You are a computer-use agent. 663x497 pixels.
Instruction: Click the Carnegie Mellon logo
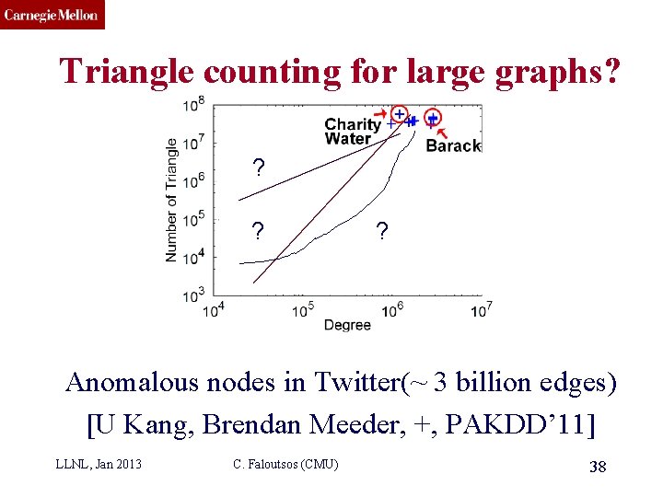pos(52,15)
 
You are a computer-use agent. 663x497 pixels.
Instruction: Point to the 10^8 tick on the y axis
pos(194,105)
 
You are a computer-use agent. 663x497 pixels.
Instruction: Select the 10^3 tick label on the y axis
pos(194,295)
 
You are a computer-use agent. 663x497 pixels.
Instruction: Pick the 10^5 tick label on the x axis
pos(304,310)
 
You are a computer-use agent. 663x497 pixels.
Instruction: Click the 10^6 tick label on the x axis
pos(392,310)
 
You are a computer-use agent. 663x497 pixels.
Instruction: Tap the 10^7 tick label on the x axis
pos(482,310)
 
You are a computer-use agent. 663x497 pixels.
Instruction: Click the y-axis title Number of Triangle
pos(172,200)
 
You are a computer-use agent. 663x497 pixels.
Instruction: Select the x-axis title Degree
pos(347,325)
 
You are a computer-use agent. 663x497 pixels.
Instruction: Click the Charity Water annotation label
pos(352,132)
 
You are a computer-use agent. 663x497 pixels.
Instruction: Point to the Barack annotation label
pos(453,145)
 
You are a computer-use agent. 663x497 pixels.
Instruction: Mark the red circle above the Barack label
pos(433,118)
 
